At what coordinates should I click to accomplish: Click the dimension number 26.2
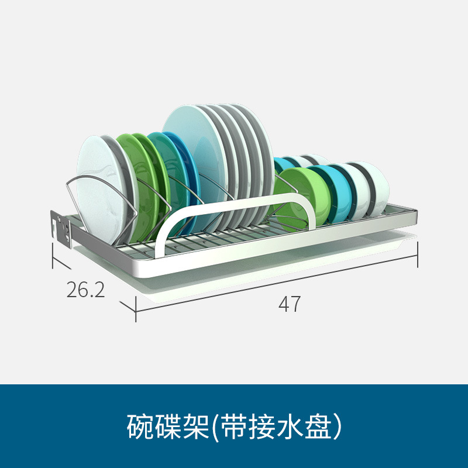(85, 290)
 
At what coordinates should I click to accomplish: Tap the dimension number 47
(290, 304)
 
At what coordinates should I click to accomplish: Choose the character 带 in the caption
(231, 426)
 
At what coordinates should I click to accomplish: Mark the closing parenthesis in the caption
(336, 427)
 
